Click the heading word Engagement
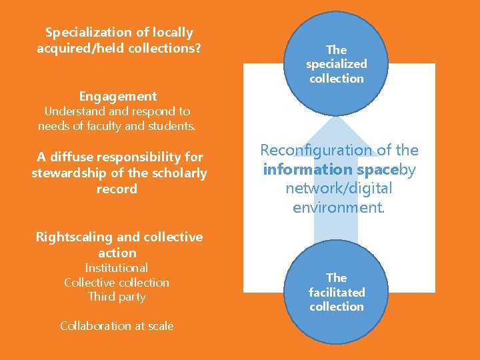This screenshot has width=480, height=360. pos(118,96)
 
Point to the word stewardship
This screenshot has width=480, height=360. pos(72,173)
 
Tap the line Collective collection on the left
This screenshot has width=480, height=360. pos(117,282)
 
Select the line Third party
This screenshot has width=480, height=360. pos(117,297)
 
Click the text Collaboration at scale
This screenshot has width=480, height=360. pos(117,326)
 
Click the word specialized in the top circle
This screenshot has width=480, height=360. pos(337,64)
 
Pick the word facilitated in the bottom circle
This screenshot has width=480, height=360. pos(337,292)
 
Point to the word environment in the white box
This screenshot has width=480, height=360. pos(337,207)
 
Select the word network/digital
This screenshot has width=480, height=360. pos(339,189)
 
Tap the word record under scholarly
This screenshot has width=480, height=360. pos(117,189)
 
